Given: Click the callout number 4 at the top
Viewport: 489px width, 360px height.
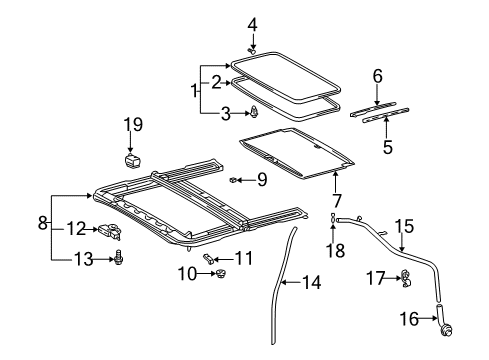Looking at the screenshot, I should point(253,23).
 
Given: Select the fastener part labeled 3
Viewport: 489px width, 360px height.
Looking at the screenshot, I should point(255,112).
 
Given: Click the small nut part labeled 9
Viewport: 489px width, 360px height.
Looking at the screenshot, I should point(233,180).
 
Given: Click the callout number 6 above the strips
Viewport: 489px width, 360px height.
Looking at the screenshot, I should point(377,76).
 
